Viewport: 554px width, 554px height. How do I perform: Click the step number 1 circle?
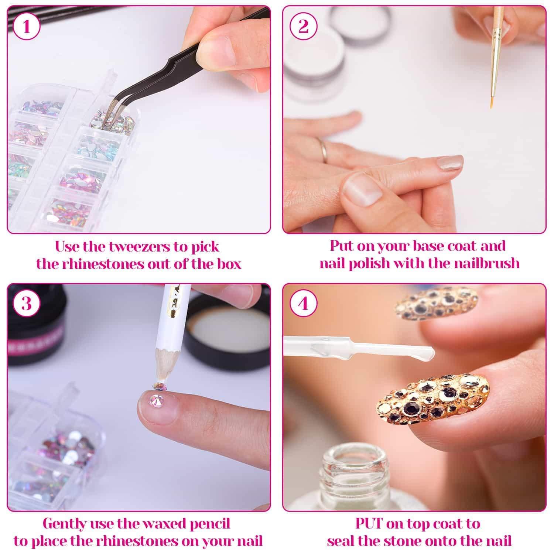coord(26,27)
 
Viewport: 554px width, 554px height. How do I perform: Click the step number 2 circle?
coord(303,27)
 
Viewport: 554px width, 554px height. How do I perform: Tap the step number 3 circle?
coord(26,304)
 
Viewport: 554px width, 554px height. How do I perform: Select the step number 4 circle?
coord(303,304)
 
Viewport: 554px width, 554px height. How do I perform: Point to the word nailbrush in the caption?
coord(483,263)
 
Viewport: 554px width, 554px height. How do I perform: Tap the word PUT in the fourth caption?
coord(371,524)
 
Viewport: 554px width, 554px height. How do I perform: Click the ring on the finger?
coord(324,150)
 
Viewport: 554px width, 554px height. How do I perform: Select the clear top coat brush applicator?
coord(358,346)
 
